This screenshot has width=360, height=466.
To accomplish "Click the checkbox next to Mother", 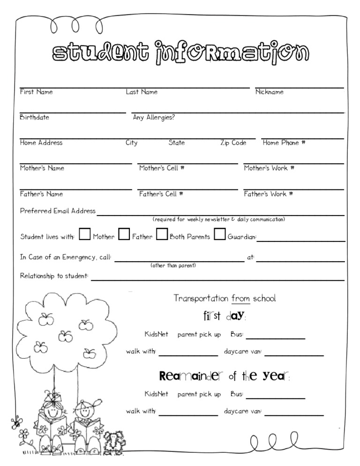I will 85,234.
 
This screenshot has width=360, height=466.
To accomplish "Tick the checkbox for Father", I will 124,234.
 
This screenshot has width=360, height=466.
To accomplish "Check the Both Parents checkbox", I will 162,234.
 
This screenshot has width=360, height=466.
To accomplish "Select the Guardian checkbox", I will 219,234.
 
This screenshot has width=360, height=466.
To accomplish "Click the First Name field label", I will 36,92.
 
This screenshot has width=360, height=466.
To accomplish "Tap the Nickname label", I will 269,92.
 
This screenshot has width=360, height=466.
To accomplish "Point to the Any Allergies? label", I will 154,117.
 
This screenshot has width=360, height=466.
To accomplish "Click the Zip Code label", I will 233,143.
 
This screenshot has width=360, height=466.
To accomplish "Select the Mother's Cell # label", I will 161,168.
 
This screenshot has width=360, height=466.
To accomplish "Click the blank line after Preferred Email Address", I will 220,214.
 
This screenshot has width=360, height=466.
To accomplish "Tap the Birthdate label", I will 34,117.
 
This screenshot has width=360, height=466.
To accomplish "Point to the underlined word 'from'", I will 241,298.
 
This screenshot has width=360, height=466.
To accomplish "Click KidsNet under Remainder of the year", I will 156,394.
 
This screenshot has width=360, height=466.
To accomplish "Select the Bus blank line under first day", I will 276,338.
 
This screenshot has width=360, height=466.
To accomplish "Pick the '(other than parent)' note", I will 173,265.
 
